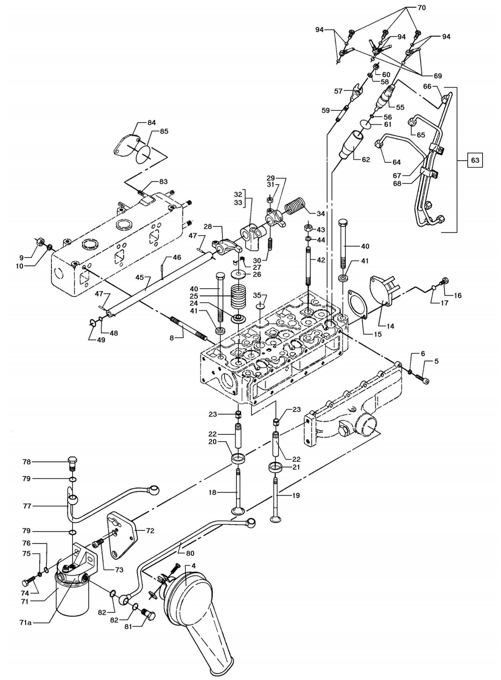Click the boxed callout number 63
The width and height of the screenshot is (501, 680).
pos(475,160)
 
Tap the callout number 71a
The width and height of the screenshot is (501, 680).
pos(25,631)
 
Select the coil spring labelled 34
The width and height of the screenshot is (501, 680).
pos(295,206)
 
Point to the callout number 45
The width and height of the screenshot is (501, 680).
pos(140,277)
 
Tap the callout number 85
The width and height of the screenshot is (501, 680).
pos(164,131)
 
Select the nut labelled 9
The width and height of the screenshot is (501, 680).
pos(40,242)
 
